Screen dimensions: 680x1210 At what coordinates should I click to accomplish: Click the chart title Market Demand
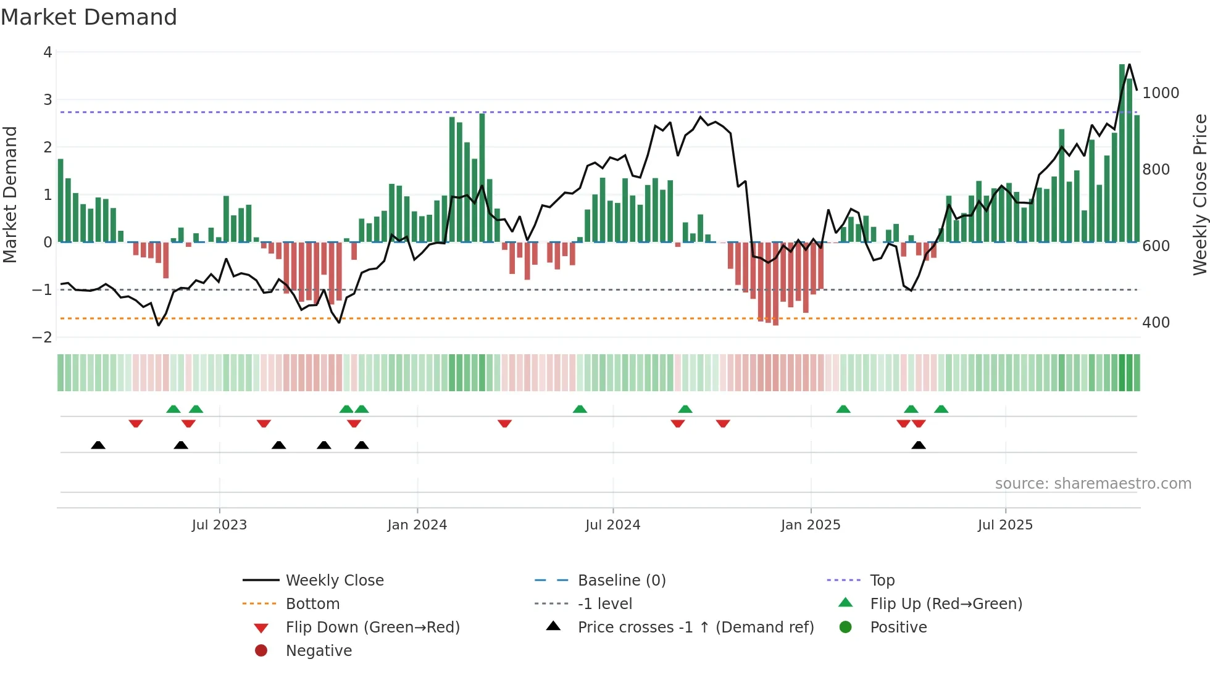coord(89,17)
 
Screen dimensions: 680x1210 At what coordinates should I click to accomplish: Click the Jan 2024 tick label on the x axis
coord(417,525)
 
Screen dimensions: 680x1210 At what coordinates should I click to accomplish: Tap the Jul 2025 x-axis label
coord(1005,525)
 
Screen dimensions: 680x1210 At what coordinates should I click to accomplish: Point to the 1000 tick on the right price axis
coord(1161,93)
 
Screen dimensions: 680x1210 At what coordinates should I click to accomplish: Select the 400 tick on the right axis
coord(1156,323)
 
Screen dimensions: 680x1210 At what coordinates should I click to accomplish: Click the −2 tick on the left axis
coord(43,338)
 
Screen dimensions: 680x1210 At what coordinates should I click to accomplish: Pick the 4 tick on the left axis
coord(48,52)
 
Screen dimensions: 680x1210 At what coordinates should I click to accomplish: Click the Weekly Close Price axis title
coord(1200,194)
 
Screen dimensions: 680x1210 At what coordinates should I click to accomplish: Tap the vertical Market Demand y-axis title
coord(10,194)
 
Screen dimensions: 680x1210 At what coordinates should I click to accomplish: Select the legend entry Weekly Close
coord(334,581)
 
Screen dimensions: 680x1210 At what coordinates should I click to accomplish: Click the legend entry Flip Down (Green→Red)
coord(372,628)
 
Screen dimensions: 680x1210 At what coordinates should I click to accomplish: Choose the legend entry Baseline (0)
coord(621,581)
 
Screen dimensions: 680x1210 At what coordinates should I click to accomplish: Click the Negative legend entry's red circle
coord(261,651)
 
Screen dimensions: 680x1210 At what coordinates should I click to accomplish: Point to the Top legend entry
coord(882,581)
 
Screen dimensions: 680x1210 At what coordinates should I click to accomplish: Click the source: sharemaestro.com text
coord(1093,484)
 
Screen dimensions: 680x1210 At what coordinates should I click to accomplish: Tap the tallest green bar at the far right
coord(1122,154)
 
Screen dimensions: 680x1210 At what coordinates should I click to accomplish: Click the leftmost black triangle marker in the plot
coord(98,445)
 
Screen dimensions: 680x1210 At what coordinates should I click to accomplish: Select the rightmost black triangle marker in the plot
coord(919,445)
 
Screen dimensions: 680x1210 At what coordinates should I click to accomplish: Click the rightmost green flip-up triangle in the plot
coord(941,409)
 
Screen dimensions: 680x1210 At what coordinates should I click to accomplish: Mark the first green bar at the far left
coord(60,201)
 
